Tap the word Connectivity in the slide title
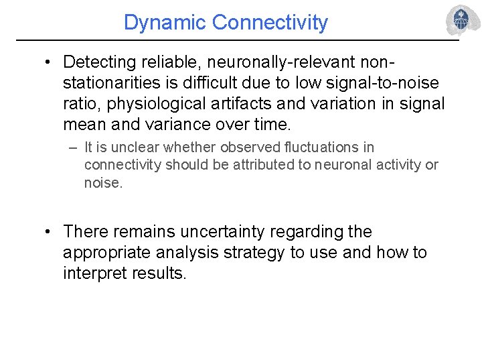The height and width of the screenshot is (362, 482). click(270, 23)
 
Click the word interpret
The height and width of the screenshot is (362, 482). click(93, 274)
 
